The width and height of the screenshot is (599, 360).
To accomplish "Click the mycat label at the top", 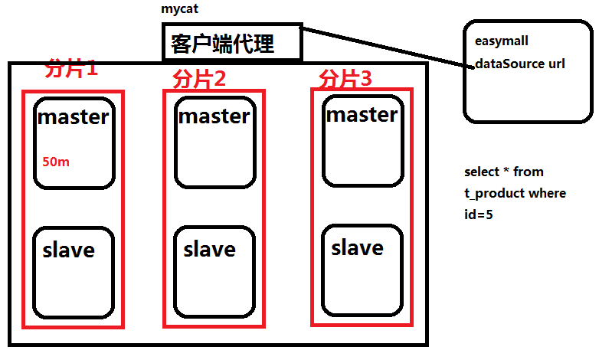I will point(181,10).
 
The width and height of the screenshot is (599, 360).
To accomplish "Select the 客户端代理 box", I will point(232,43).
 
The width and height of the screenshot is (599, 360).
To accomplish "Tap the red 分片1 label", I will point(72,69).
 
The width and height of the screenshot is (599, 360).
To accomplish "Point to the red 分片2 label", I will point(200,79).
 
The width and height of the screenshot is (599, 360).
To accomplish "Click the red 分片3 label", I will point(345,78).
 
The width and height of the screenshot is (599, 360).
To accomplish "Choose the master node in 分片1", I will point(74,141).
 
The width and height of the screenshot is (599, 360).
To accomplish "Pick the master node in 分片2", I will point(214,142).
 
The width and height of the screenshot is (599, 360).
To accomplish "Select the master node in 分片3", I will point(362,140).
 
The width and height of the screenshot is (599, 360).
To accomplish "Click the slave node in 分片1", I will point(74,272).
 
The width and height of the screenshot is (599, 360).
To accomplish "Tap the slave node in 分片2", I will point(214,272).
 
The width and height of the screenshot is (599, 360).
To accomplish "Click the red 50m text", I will point(56,162).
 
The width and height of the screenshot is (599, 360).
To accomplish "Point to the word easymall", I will point(502,41).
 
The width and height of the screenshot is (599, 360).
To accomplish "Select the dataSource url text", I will point(520,64).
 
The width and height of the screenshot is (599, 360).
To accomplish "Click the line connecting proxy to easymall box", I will point(383,47).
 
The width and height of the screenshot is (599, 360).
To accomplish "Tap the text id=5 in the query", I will point(479,214).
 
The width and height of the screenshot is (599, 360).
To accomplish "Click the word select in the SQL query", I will point(481,172).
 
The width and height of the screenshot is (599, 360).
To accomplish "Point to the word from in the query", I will point(529,172).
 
